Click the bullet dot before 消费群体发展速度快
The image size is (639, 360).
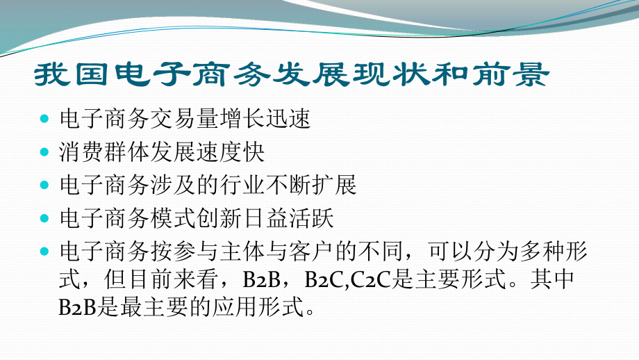(45, 152)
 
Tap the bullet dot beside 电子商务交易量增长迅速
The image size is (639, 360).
(45, 119)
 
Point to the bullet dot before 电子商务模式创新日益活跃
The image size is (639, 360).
(45, 219)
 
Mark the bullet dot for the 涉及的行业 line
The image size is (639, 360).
(45, 186)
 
